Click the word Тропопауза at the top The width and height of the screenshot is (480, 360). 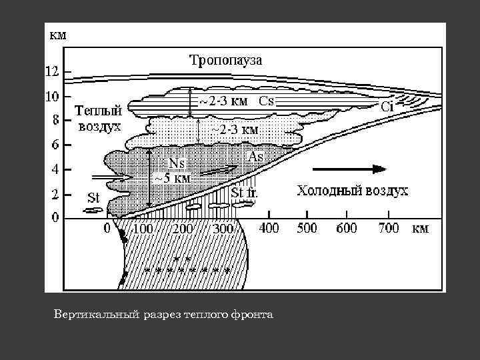click(x=226, y=60)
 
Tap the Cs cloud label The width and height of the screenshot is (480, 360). click(x=267, y=101)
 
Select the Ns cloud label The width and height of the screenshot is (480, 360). click(x=177, y=163)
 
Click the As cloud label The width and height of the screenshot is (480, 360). click(x=256, y=156)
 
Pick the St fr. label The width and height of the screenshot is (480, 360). click(x=245, y=193)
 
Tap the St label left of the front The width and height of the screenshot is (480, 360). click(x=94, y=197)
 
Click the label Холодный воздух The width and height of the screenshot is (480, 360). click(x=352, y=191)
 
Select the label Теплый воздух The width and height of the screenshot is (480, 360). click(x=97, y=118)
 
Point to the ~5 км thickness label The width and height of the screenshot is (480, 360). click(x=173, y=178)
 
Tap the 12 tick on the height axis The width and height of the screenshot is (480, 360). click(x=51, y=71)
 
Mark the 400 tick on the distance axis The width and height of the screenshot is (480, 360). click(x=268, y=229)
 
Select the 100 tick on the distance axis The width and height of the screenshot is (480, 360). click(x=143, y=229)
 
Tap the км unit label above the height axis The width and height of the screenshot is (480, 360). click(x=58, y=35)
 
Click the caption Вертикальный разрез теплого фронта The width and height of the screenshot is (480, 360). click(x=163, y=313)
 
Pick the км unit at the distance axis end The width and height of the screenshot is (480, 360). click(x=420, y=229)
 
